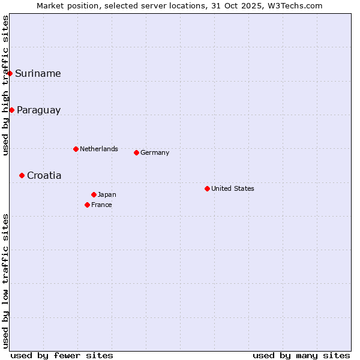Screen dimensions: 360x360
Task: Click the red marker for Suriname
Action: click(x=10, y=73)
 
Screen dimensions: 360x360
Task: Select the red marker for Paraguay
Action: click(x=11, y=110)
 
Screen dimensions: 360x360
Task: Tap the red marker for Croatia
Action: click(x=22, y=175)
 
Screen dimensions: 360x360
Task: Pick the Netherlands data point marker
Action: click(x=76, y=149)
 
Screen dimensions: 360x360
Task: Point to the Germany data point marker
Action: click(x=136, y=152)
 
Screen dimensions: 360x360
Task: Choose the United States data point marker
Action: click(x=207, y=188)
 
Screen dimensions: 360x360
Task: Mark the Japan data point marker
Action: click(x=94, y=194)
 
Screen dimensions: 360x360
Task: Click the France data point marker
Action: click(x=87, y=205)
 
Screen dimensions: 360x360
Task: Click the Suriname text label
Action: click(x=38, y=74)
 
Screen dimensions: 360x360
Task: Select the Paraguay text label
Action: click(x=38, y=110)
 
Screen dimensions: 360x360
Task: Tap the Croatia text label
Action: click(x=44, y=176)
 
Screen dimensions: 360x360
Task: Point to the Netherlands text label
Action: click(x=99, y=149)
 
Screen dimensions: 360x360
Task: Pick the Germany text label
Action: click(x=155, y=152)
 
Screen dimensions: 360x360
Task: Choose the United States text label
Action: click(x=233, y=188)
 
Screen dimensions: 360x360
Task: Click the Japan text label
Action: click(x=107, y=194)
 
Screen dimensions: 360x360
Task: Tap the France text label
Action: click(x=101, y=205)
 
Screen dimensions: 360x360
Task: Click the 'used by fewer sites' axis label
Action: click(x=62, y=355)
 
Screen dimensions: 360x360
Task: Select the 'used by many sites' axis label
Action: click(x=301, y=355)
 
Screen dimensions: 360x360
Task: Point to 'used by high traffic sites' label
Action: click(x=6, y=85)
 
